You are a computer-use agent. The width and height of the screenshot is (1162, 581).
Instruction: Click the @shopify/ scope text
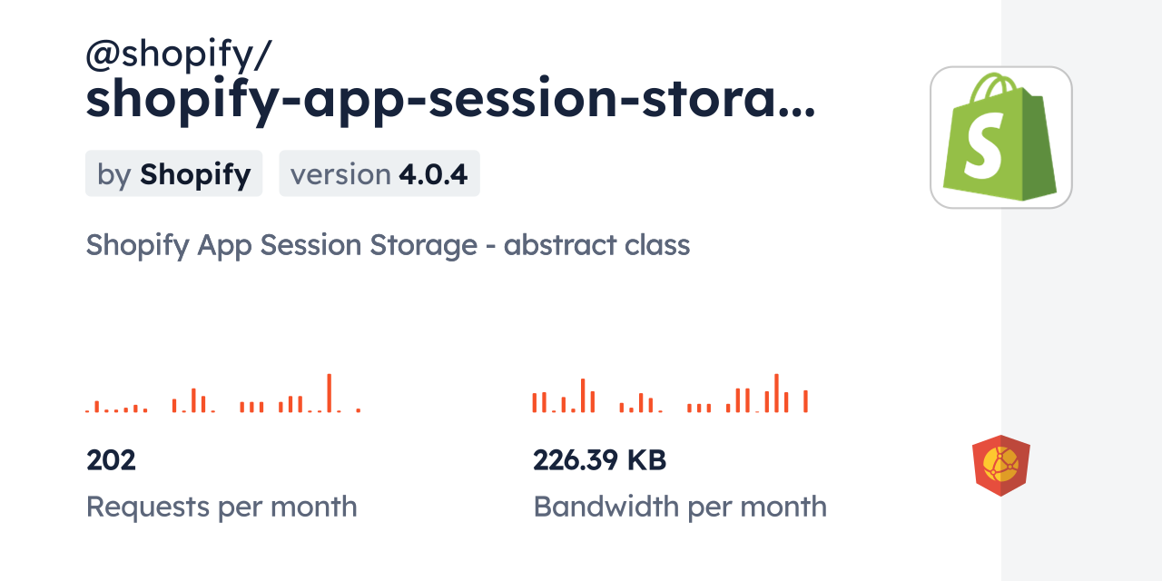click(178, 56)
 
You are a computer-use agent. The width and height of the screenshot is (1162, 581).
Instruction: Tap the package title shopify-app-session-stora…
click(450, 100)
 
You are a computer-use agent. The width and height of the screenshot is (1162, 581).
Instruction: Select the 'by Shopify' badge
click(173, 173)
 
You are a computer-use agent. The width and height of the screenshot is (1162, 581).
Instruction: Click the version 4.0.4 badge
click(379, 173)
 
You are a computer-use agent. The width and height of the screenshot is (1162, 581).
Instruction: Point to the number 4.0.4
click(433, 173)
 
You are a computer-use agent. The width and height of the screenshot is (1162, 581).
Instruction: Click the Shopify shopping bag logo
click(1000, 138)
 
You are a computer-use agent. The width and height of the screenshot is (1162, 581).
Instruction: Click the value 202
click(111, 460)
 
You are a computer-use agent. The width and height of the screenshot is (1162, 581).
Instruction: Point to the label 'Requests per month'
click(222, 507)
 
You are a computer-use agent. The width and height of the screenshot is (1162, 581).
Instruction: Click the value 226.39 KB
click(599, 460)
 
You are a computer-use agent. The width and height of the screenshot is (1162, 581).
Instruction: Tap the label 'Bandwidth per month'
click(680, 507)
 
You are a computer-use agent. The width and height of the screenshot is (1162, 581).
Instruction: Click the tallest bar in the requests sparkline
click(329, 393)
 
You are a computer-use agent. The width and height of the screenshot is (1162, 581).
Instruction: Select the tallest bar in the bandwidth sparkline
click(776, 393)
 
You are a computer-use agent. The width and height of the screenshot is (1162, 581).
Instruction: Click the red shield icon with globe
click(1000, 466)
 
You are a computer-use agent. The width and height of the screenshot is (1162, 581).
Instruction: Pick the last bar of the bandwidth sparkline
click(805, 401)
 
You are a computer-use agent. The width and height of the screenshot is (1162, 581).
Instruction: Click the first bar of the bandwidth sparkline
click(535, 402)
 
